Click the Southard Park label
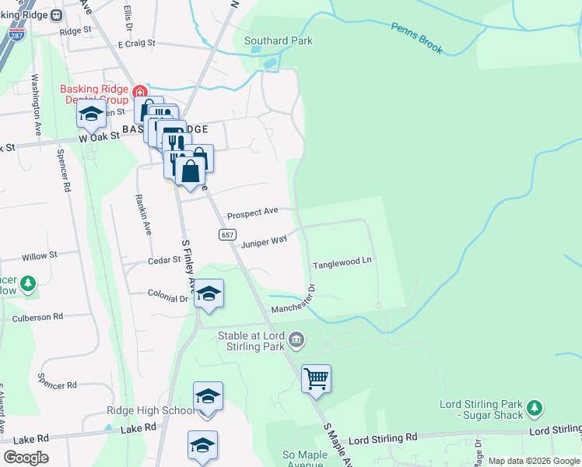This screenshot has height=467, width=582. click(279, 40)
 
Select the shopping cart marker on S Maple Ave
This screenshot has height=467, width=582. click(316, 379)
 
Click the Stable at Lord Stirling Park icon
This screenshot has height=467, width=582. click(296, 339)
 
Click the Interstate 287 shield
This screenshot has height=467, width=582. click(15, 35)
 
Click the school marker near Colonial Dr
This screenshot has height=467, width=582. click(208, 294)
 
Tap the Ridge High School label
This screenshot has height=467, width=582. click(151, 411)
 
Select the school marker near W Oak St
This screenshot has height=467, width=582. click(91, 115)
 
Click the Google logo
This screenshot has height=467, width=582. click(25, 458)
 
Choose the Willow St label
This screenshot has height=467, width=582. click(40, 255)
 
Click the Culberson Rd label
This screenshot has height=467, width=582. click(37, 318)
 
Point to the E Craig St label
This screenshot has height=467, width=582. click(137, 45)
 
